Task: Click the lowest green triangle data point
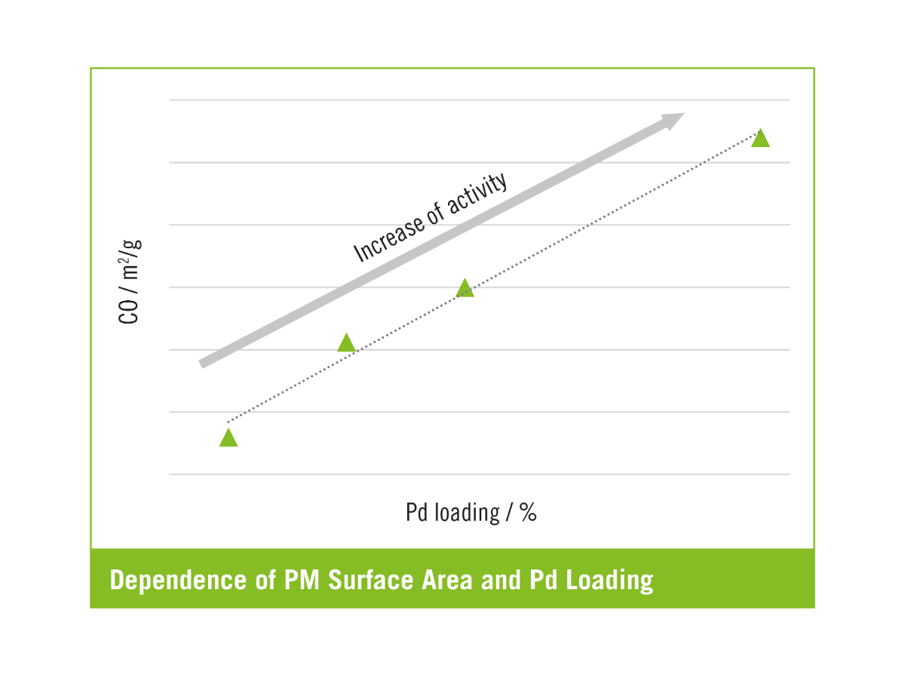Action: pyautogui.click(x=229, y=438)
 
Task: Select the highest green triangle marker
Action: pyautogui.click(x=760, y=138)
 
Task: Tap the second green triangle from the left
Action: pyautogui.click(x=346, y=343)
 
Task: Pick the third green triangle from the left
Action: pyautogui.click(x=465, y=289)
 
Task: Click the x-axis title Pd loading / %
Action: pyautogui.click(x=471, y=513)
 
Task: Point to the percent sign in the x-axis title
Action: pyautogui.click(x=528, y=513)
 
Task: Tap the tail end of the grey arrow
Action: pyautogui.click(x=203, y=364)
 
